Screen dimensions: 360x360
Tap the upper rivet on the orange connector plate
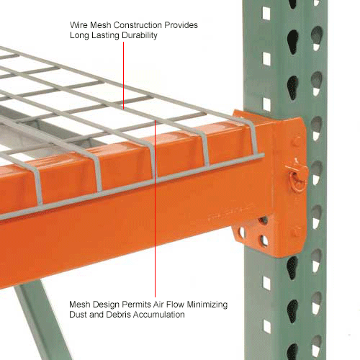[x=295, y=142]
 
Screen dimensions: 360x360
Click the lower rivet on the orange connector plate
[x=295, y=232]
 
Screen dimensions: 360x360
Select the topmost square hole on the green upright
[x=266, y=12]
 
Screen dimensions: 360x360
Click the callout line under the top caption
[x=122, y=72]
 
